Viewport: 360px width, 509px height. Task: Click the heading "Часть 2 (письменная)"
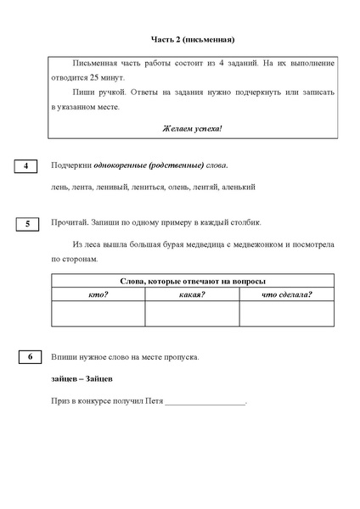click(x=192, y=39)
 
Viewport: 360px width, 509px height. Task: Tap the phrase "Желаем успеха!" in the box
click(x=192, y=128)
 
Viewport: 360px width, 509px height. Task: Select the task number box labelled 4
click(x=26, y=165)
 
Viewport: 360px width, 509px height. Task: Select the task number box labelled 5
click(x=27, y=224)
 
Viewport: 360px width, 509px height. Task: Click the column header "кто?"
click(x=98, y=294)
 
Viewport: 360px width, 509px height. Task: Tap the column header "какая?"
click(x=192, y=294)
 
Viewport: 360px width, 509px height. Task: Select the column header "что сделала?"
click(x=286, y=294)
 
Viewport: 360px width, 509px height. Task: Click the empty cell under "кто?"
click(x=98, y=313)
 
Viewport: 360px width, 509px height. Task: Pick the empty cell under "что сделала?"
click(x=286, y=313)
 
